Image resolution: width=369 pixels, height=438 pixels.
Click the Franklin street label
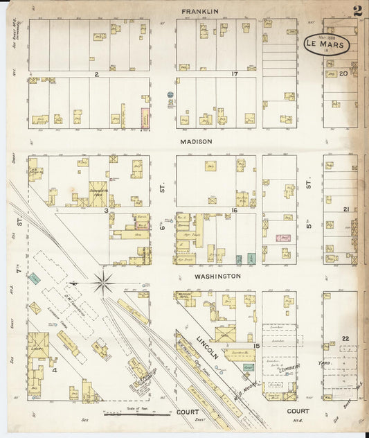[200, 12]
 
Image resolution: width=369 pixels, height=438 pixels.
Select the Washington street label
[217, 276]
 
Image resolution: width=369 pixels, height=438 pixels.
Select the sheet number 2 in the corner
[357, 12]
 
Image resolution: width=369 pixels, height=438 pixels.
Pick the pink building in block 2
[145, 119]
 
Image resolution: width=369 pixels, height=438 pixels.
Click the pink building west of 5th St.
[283, 238]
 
